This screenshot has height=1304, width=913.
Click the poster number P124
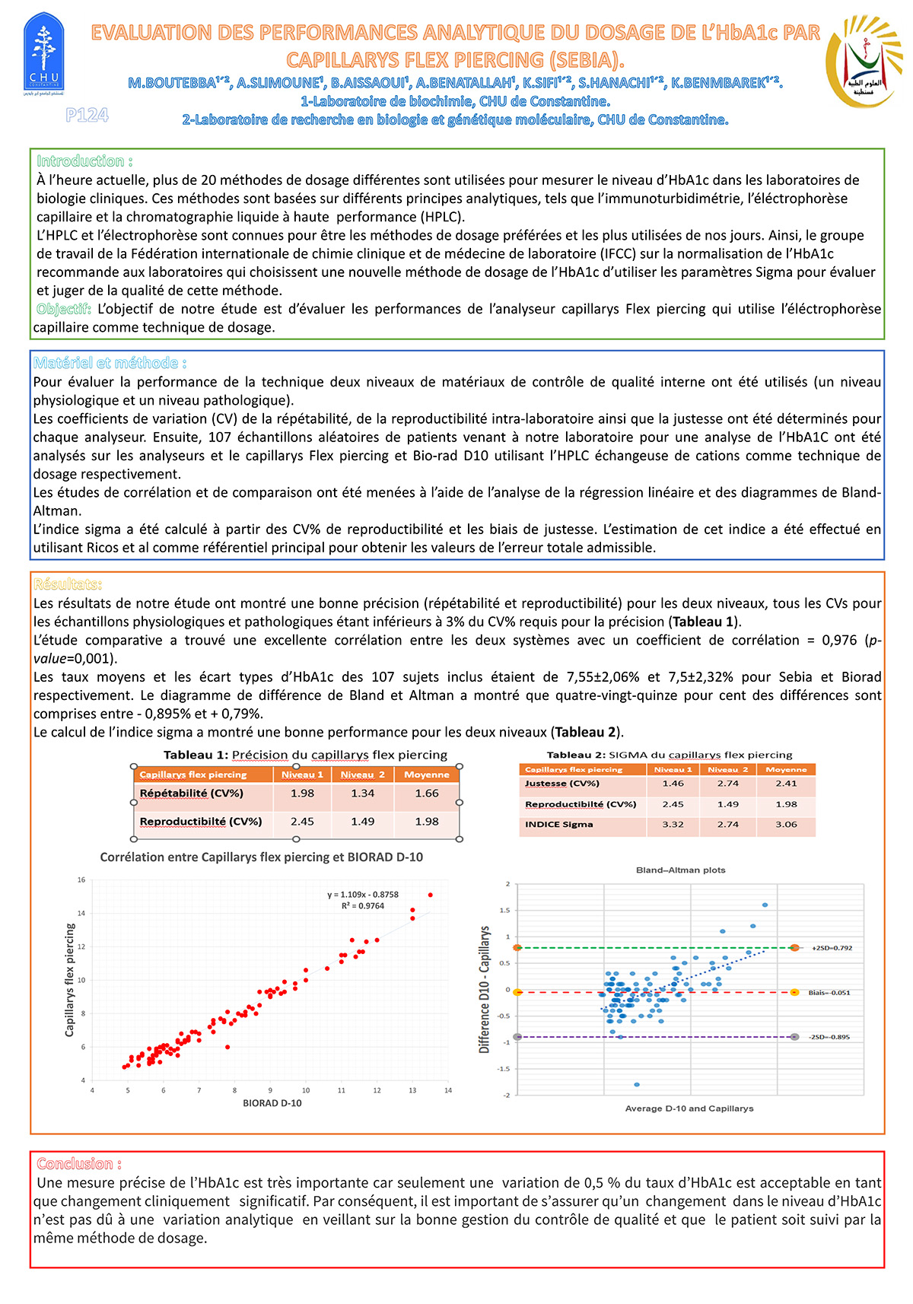pos(87,115)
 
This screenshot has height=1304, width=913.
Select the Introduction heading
pos(84,161)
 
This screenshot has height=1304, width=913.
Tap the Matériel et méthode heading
pos(110,363)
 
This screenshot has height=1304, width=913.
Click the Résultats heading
pos(67,584)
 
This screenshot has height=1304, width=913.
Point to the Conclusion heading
pos(79,1163)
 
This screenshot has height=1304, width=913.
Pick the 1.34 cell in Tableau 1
pos(362,793)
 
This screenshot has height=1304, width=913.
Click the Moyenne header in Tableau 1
pos(426,774)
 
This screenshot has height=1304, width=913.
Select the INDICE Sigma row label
pos(558,824)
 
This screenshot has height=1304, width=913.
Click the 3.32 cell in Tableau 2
pos(673,824)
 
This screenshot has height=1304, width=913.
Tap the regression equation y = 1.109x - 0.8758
pos(363,895)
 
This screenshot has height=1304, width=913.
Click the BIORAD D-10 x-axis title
pos(272,1103)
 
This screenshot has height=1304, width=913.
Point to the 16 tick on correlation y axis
pos(81,880)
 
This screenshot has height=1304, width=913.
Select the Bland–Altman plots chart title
pos(680,870)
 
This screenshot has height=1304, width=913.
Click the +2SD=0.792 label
pos(832,948)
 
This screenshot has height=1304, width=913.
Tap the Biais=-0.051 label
pos(829,993)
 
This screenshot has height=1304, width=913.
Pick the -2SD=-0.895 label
pos(829,1037)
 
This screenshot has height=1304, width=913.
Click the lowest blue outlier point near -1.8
pos(637,1084)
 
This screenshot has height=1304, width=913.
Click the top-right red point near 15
pos(431,895)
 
